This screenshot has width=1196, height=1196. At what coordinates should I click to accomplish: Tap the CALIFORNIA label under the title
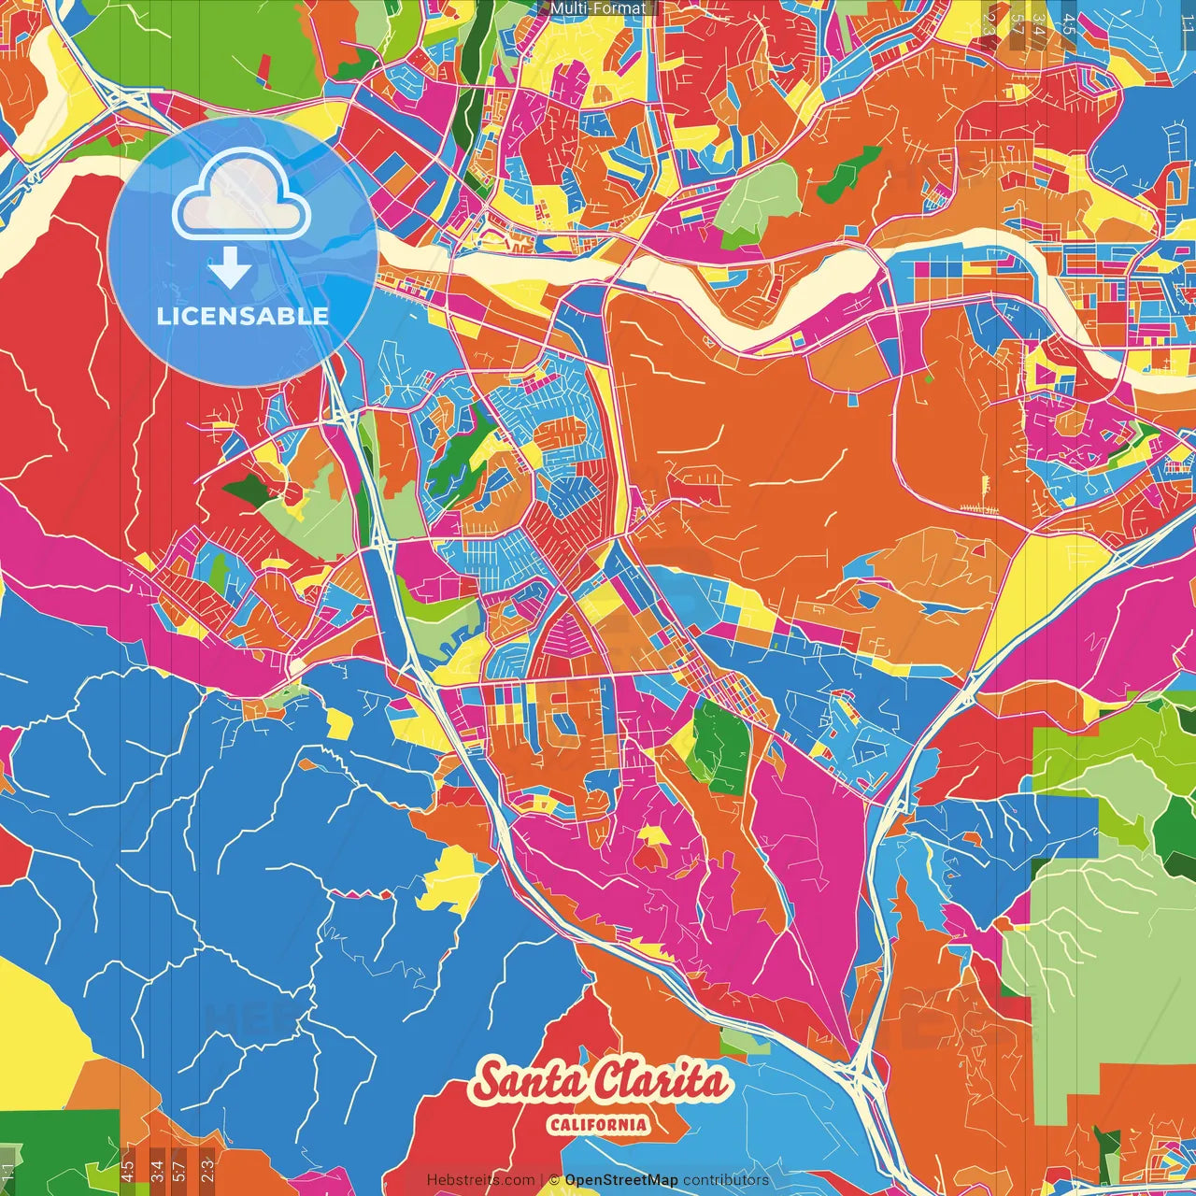(598, 1124)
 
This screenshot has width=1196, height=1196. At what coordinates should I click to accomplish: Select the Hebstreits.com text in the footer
(480, 1180)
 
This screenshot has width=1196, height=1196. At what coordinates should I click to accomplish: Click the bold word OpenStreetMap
(620, 1180)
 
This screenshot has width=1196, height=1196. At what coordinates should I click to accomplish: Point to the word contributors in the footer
(726, 1180)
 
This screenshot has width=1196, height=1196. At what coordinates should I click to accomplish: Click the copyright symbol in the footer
(554, 1180)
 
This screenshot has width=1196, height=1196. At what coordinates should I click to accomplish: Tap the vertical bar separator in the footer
(542, 1180)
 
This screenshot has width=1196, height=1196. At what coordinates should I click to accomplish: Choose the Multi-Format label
(598, 8)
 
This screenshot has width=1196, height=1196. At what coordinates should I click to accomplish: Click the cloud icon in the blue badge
(242, 197)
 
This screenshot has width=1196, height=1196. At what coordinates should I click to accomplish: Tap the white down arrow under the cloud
(230, 268)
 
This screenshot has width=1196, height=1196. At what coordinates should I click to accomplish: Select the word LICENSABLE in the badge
(243, 316)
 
